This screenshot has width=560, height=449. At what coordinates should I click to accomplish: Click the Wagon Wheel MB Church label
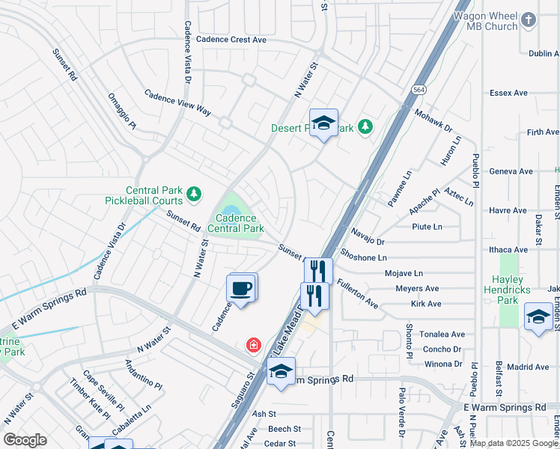pos(486,20)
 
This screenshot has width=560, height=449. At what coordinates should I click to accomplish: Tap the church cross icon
pos(529,20)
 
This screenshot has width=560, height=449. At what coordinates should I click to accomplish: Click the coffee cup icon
pos(240,289)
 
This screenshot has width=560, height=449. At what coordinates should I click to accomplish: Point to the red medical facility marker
pos(255,345)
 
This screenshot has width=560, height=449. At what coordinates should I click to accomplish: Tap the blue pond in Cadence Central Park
pos(231,205)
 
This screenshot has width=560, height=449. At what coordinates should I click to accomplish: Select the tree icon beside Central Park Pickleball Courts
pos(194,195)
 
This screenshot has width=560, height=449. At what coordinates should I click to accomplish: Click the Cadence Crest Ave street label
pos(231,39)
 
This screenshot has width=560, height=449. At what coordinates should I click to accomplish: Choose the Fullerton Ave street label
pos(357,293)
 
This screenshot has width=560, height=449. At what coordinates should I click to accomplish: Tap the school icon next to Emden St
pos(538,317)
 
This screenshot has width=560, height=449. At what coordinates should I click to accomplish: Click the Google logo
pos(24,440)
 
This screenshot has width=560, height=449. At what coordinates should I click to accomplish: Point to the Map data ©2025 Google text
pos(513,443)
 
